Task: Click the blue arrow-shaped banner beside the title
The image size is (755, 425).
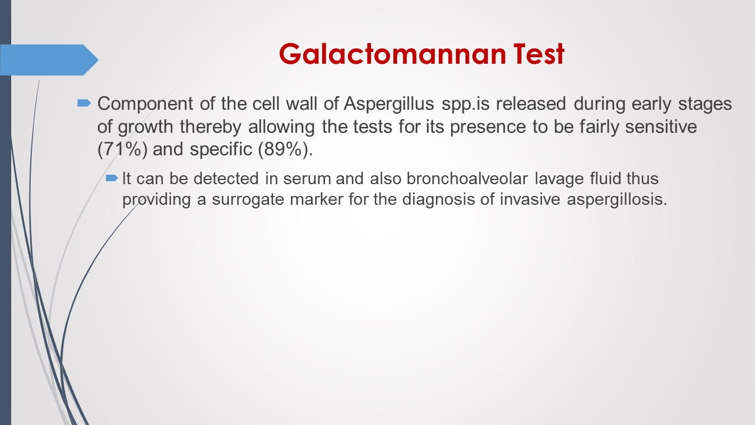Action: [49, 60]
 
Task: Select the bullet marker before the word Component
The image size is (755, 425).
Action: [84, 103]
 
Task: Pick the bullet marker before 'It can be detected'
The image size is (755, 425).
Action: [112, 178]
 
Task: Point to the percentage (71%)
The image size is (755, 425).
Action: [122, 149]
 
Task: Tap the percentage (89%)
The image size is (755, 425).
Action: [283, 149]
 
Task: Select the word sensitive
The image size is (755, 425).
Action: [661, 127]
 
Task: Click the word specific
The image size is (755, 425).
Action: [221, 149]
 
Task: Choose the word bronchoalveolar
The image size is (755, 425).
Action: [467, 178]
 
